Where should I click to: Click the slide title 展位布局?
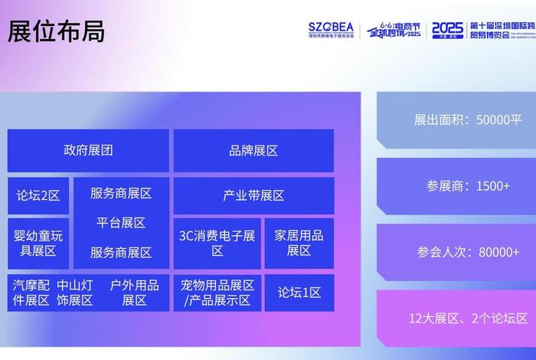(56, 32)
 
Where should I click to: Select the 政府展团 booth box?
(88, 150)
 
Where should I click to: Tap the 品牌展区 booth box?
(253, 150)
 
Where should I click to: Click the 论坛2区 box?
(38, 195)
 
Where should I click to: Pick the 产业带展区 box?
(253, 195)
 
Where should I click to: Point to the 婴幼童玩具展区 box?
(38, 242)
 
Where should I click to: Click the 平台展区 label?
(121, 223)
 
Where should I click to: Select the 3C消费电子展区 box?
(217, 242)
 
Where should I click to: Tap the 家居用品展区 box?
(299, 242)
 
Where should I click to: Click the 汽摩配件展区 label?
(31, 293)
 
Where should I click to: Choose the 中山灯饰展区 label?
(74, 293)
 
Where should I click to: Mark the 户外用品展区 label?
(134, 293)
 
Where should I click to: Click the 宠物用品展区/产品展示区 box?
(217, 293)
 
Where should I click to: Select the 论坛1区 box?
(299, 293)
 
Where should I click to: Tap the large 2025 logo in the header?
(447, 30)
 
